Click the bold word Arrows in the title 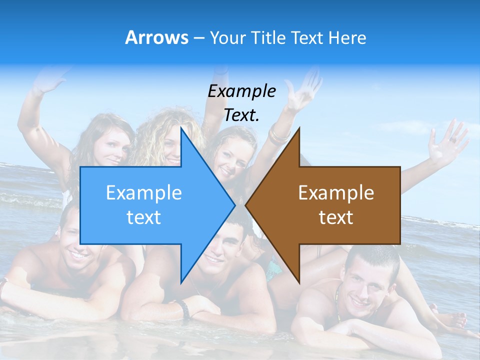[x=156, y=37]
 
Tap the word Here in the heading [x=347, y=37]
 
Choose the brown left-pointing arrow [x=340, y=205]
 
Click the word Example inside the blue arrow [x=144, y=192]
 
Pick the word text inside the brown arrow [x=336, y=217]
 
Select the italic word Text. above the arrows [x=241, y=115]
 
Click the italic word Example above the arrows [x=241, y=91]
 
